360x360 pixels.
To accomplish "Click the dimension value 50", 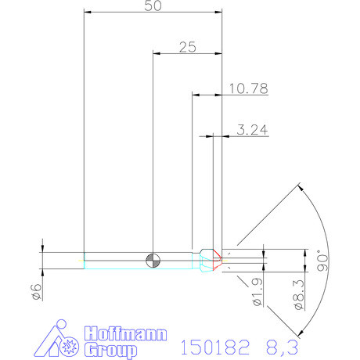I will coord(153,6).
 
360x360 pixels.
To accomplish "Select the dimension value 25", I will coord(187,47).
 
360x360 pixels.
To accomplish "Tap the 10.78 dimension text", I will coord(247,89).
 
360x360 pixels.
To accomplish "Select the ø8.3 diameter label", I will coord(297,293).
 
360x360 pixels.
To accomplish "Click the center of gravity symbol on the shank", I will coord(153,260).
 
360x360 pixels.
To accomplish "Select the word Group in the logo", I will coord(105,349).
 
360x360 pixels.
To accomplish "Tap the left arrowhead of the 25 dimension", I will coord(157,53).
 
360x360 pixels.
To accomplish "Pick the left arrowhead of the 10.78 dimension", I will coord(196,95).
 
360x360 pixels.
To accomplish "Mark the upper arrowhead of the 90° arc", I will coord(301,186).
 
